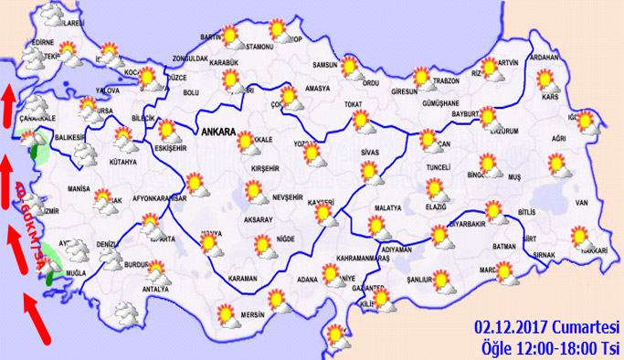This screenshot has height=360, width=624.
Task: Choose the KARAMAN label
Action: pos(243,278)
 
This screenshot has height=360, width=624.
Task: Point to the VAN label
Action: pos(579,202)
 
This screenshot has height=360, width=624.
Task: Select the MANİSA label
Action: pos(79,189)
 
